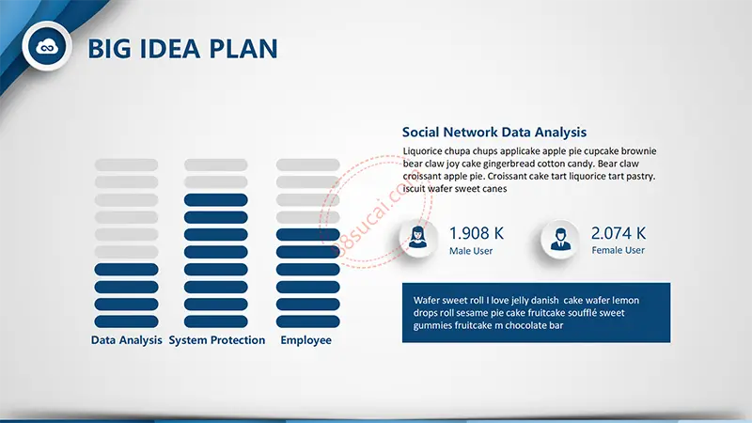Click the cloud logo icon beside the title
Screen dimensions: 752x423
click(47, 46)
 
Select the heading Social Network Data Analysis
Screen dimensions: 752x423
click(494, 132)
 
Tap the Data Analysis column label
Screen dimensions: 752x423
click(127, 340)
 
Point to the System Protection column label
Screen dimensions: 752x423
click(217, 340)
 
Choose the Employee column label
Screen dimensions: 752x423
click(306, 340)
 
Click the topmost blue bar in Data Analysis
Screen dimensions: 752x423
click(126, 270)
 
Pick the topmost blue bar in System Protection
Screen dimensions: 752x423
click(216, 200)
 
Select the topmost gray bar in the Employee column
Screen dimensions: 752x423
click(308, 165)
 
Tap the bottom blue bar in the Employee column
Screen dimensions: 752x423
click(308, 321)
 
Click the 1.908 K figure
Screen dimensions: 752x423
click(477, 233)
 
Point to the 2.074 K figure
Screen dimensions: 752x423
click(619, 233)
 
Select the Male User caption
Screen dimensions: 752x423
click(471, 251)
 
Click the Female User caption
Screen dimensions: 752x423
click(619, 250)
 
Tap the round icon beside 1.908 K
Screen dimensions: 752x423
click(417, 239)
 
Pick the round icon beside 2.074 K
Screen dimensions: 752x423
click(560, 239)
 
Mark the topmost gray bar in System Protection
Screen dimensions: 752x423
click(216, 165)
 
